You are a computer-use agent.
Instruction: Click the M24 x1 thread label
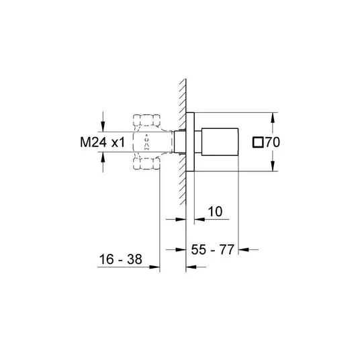102,142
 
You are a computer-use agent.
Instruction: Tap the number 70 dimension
273,142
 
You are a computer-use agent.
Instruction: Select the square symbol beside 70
258,142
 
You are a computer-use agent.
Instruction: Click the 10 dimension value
215,212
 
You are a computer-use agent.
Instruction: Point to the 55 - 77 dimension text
213,249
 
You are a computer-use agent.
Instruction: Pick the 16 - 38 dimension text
120,259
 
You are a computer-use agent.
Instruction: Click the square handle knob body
220,142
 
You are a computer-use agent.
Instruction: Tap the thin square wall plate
190,142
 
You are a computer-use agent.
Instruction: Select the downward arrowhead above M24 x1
103,126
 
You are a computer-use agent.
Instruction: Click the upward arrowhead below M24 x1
103,157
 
